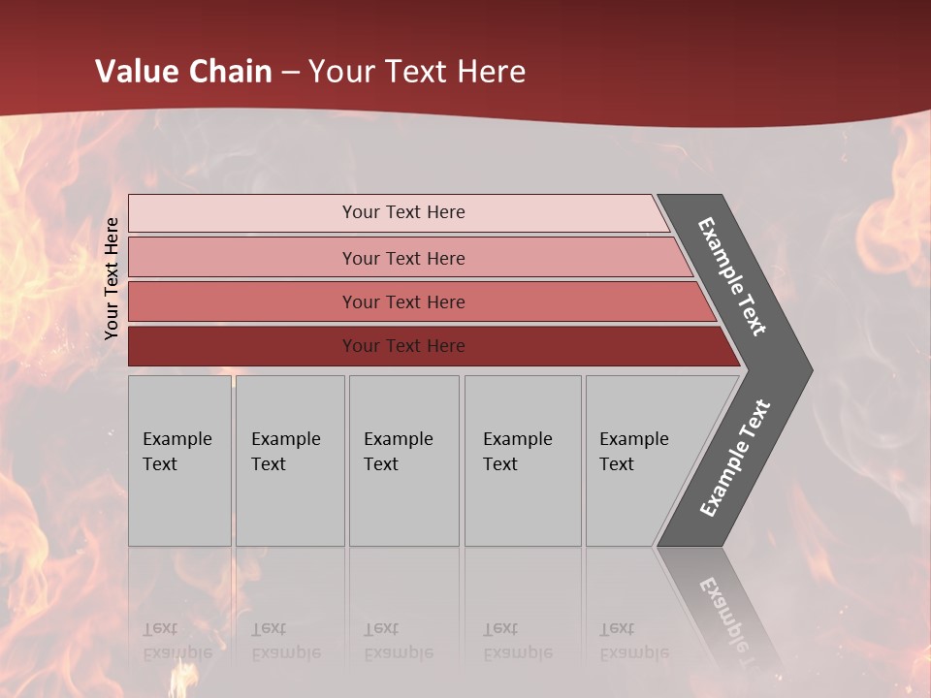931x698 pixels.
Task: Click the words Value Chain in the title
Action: point(183,72)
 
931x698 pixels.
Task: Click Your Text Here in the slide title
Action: point(417,72)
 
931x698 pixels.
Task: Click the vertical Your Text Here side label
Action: point(112,278)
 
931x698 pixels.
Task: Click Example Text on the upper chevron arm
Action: point(732,276)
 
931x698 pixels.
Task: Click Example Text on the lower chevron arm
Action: point(735,458)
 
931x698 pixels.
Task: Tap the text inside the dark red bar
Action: point(403,346)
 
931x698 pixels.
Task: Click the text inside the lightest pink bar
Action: point(403,212)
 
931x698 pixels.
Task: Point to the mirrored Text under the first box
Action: point(160,629)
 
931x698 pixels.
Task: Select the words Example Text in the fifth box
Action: point(633,452)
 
